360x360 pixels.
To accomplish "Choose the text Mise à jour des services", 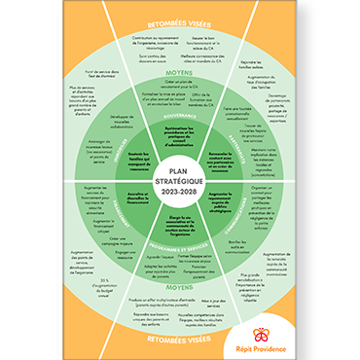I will [x=181, y=301].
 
